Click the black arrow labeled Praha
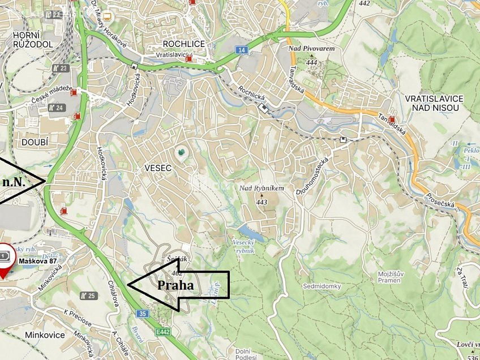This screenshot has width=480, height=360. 178,285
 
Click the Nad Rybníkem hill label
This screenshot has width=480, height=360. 261,188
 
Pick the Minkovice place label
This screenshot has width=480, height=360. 45,335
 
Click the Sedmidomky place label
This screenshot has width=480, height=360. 322,286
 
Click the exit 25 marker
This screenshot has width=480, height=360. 88,295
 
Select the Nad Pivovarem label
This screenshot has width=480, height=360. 311,49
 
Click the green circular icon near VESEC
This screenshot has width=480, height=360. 181,152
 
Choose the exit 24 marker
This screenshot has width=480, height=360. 55,108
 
